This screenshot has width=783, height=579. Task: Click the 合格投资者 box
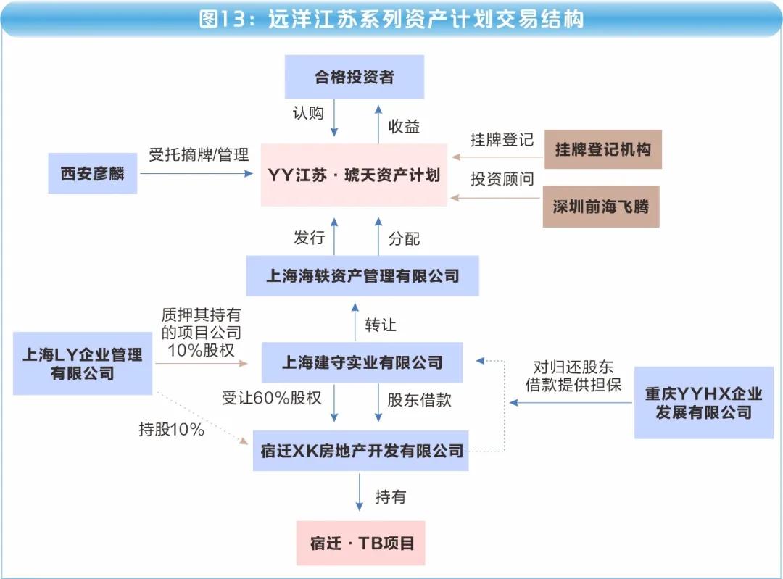[354, 77]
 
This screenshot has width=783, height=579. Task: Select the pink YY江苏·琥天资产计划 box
[354, 175]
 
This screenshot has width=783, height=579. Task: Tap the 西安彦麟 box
[92, 173]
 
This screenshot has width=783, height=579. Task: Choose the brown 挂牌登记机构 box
[602, 149]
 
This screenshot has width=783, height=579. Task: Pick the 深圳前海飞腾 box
[601, 207]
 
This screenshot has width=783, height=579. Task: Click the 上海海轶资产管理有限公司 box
[362, 275]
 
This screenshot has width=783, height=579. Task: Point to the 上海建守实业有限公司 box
[362, 362]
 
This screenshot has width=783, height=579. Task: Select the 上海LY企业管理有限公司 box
[83, 363]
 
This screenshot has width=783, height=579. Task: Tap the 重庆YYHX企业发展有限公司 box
[703, 403]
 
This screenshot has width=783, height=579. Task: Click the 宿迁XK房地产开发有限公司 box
[360, 451]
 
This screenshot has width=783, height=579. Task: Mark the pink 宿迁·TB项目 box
[360, 543]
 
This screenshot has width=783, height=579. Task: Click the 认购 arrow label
[308, 113]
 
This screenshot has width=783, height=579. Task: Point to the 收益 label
[404, 126]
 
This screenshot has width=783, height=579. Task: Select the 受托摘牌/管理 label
[199, 154]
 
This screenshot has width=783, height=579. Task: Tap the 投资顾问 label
[502, 179]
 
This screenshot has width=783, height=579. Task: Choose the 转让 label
[381, 325]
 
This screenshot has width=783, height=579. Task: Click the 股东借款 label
[420, 400]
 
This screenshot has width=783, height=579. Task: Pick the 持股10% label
[171, 429]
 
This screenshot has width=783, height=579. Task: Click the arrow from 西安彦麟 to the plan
[196, 174]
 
